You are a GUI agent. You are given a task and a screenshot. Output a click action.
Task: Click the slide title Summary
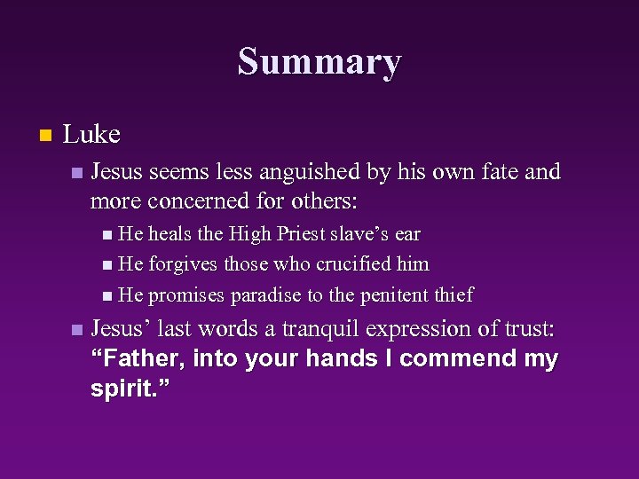pyautogui.click(x=319, y=62)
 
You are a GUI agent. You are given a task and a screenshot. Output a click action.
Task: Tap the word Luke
pyautogui.click(x=91, y=135)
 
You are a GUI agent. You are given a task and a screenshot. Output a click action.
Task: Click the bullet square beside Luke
pyautogui.click(x=46, y=136)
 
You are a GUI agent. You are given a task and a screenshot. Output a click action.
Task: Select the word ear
pyautogui.click(x=407, y=234)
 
